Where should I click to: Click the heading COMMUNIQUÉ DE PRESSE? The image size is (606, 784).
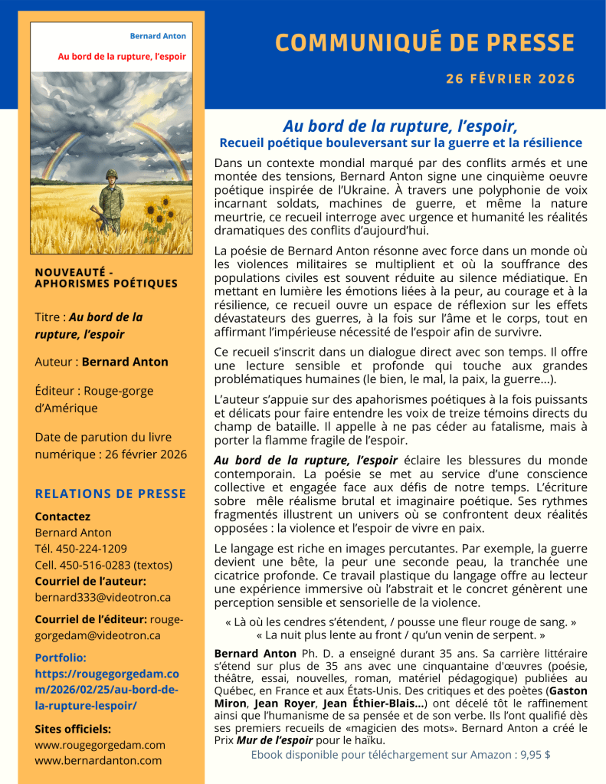424,43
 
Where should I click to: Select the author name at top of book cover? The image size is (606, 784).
158,36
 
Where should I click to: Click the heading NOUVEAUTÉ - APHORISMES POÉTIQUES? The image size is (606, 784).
106,277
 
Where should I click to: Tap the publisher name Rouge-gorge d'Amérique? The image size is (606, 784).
94,399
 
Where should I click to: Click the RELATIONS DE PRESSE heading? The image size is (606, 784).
110,494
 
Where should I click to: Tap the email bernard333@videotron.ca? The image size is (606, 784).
103,597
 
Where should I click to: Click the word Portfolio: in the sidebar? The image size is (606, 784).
61,657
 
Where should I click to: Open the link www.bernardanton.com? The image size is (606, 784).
98,760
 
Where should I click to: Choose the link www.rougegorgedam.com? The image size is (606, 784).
100,744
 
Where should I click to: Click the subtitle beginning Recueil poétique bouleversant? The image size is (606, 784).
401,143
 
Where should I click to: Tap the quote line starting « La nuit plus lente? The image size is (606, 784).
401,635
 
